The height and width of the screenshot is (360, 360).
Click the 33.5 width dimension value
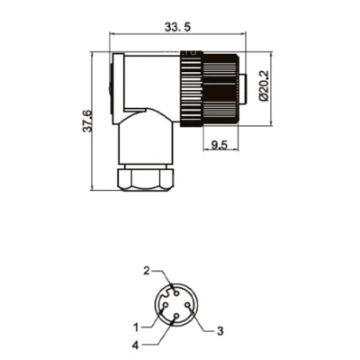click(177, 27)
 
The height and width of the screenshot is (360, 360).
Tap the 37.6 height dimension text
click(87, 121)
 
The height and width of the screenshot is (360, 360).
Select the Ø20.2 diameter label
click(264, 86)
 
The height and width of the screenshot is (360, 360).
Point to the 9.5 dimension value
click(220, 145)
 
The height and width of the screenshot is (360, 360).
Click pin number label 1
click(137, 328)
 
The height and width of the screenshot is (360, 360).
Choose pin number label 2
click(147, 271)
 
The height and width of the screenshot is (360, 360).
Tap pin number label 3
click(220, 331)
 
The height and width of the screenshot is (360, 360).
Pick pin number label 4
click(136, 346)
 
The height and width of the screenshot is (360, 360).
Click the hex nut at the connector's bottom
click(146, 179)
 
